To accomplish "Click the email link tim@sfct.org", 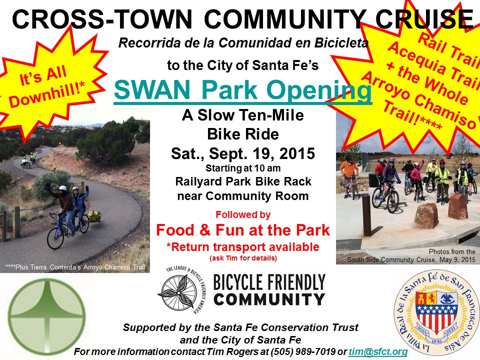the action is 378,351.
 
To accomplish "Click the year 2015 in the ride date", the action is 297,153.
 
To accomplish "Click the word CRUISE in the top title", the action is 424,19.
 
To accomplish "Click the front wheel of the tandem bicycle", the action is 55,238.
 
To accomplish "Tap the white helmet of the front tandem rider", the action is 63,188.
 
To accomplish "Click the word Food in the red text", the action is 175,230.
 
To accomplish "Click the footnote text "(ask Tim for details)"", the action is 243,258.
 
